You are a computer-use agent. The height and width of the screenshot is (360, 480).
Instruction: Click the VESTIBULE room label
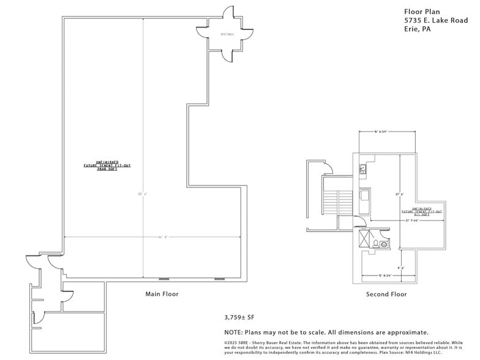click(227, 34)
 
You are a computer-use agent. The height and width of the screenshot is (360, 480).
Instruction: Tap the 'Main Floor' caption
click(162, 294)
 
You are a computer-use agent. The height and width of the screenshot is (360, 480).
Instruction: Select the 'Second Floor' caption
click(386, 294)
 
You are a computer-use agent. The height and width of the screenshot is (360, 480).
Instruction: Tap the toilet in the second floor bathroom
click(375, 243)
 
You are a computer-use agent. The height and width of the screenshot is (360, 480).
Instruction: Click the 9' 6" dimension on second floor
click(401, 268)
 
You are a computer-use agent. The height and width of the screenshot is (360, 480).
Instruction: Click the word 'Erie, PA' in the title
click(418, 29)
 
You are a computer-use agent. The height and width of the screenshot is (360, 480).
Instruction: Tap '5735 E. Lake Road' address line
click(435, 20)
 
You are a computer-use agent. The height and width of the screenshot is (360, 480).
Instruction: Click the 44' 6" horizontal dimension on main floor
click(145, 237)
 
